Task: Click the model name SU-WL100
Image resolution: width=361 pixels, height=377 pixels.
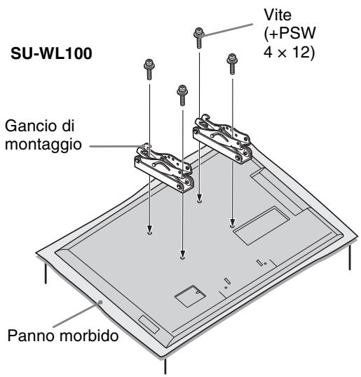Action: (x=51, y=53)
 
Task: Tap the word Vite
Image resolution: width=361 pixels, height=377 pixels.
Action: (x=278, y=15)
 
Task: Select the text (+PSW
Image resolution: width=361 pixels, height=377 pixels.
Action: (x=290, y=34)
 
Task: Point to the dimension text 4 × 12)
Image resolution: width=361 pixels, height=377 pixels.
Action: (x=289, y=52)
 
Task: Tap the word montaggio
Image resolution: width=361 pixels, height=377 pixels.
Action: (x=43, y=145)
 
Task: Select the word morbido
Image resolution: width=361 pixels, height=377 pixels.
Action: (x=89, y=335)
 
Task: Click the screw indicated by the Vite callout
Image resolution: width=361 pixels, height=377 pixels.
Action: (x=199, y=38)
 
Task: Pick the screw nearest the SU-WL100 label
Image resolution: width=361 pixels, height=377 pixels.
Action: (x=149, y=69)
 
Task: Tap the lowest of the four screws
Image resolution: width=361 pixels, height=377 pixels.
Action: (x=182, y=95)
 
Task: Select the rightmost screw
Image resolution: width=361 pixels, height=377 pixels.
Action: (x=232, y=64)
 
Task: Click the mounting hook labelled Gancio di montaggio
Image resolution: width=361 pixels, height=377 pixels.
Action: (x=164, y=168)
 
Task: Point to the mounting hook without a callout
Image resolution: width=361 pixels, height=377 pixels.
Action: (x=222, y=139)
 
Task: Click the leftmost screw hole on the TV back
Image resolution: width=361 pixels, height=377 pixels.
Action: (x=149, y=233)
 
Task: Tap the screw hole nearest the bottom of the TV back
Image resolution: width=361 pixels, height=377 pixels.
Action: (x=182, y=258)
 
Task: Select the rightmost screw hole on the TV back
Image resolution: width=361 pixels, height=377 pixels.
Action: (x=232, y=226)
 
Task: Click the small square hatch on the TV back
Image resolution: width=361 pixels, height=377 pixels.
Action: (x=191, y=296)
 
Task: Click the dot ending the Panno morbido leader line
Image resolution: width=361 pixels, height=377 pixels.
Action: (x=100, y=301)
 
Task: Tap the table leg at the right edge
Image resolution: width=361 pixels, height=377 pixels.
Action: (x=350, y=257)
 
